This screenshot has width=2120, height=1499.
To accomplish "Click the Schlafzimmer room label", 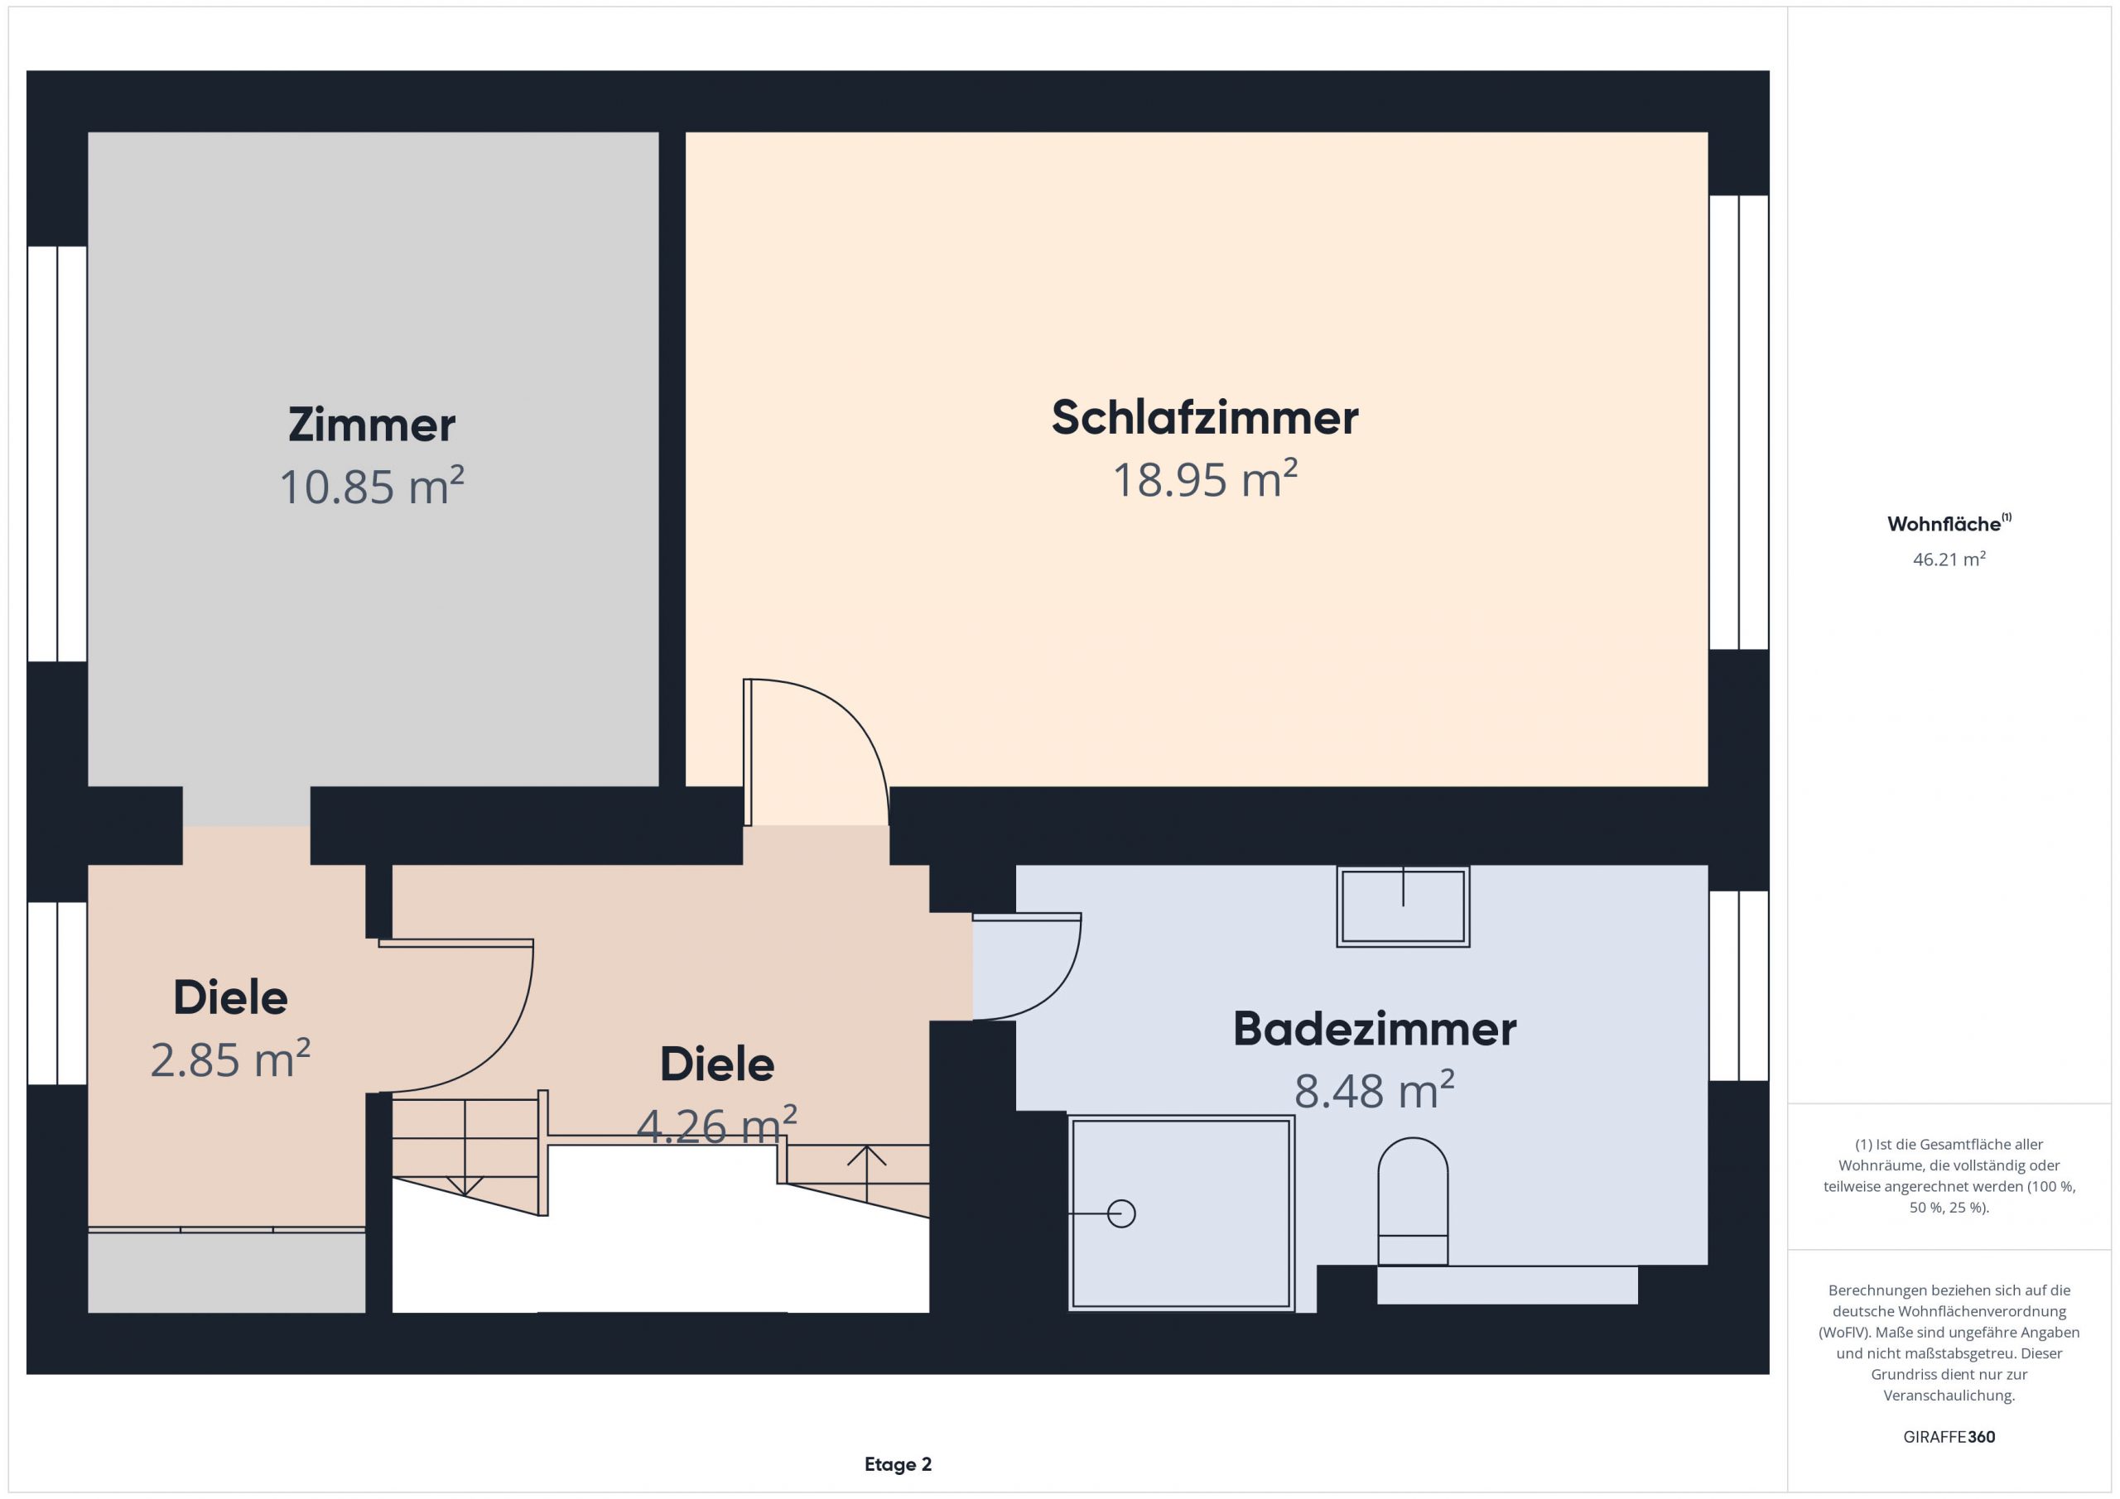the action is point(1205,417).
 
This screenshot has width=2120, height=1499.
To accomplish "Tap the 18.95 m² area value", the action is point(1205,479).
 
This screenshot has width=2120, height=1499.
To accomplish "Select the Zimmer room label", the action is point(372,425).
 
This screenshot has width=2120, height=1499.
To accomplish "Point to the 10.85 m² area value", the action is point(372,486).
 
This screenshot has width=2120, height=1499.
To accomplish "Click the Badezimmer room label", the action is point(1375,1029).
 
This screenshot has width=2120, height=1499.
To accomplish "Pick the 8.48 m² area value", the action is point(1375,1090).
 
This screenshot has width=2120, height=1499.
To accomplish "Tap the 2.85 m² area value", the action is point(231,1059).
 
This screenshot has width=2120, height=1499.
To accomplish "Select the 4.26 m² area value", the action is point(717,1125).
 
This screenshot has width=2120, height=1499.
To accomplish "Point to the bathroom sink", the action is point(1403,906).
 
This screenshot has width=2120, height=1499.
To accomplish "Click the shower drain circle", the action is point(1121,1213).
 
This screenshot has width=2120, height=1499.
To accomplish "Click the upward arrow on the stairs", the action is point(867,1173).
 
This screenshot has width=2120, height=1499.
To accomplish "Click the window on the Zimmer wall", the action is point(57,454).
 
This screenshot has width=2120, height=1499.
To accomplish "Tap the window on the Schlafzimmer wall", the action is point(1739,422).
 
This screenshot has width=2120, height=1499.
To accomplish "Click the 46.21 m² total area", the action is point(1949,559).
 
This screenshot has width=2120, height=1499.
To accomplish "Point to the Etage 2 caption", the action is point(899,1464).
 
